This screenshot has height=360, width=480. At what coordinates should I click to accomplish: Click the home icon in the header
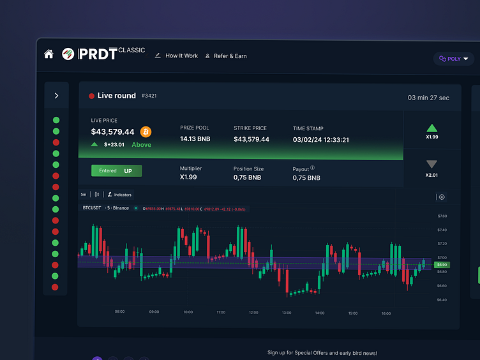[49, 54]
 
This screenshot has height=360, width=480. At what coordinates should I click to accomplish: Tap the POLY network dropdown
[453, 59]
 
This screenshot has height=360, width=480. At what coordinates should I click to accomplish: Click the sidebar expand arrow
[56, 96]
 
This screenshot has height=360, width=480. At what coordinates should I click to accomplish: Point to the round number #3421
[149, 96]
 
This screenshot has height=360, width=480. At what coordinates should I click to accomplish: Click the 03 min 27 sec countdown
[428, 98]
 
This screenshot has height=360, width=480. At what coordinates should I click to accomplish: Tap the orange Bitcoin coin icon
[146, 131]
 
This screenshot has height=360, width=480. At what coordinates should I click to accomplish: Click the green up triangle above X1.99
[432, 128]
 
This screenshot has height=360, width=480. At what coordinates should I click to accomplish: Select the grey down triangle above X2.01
[432, 165]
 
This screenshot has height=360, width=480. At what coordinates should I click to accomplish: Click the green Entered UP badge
[116, 171]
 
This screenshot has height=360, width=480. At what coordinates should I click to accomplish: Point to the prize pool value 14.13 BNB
[195, 139]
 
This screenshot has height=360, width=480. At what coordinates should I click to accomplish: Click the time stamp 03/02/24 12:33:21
[320, 139]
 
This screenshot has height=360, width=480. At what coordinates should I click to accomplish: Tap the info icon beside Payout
[313, 169]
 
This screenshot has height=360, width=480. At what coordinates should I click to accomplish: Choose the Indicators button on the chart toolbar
[119, 194]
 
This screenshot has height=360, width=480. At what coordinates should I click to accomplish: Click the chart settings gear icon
[442, 198]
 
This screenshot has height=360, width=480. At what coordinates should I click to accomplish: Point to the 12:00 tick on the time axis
[253, 313]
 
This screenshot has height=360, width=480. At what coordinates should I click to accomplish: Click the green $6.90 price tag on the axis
[442, 264]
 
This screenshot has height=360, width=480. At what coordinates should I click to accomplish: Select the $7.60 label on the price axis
[442, 216]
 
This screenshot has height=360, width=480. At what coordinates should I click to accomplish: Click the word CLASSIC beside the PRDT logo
[131, 50]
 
